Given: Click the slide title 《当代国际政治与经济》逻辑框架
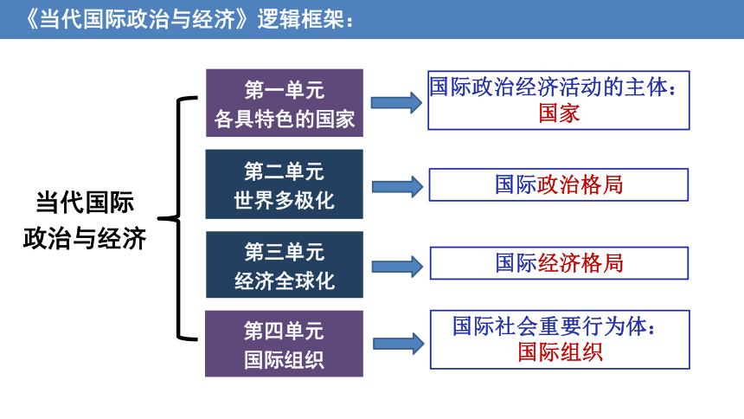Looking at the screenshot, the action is tap(189, 19).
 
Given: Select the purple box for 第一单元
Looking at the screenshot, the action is tap(285, 103).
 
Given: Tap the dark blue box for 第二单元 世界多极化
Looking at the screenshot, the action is tap(285, 184).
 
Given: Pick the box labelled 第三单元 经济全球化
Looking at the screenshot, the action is tap(285, 265).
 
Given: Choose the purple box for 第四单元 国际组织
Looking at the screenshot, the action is tap(285, 344).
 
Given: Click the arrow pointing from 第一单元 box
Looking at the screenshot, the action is tap(396, 103).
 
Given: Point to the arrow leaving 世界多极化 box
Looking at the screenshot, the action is tap(397, 187).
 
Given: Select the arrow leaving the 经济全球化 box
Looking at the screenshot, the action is tap(397, 267).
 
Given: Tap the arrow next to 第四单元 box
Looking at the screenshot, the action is tap(399, 344).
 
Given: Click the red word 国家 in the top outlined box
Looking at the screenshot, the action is tap(559, 114).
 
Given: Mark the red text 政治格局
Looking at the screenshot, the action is tap(580, 184).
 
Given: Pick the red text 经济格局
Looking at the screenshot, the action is tap(580, 263).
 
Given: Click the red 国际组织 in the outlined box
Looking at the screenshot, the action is tap(560, 352).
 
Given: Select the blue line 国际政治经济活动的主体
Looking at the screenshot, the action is tap(548, 87).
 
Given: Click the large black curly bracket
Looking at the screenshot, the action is tap(178, 218).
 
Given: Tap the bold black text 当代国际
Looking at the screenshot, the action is tap(85, 203).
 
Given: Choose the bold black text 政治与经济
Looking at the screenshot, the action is tap(85, 238).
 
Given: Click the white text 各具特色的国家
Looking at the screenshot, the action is tap(285, 119).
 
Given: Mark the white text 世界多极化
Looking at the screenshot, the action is tap(285, 201).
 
